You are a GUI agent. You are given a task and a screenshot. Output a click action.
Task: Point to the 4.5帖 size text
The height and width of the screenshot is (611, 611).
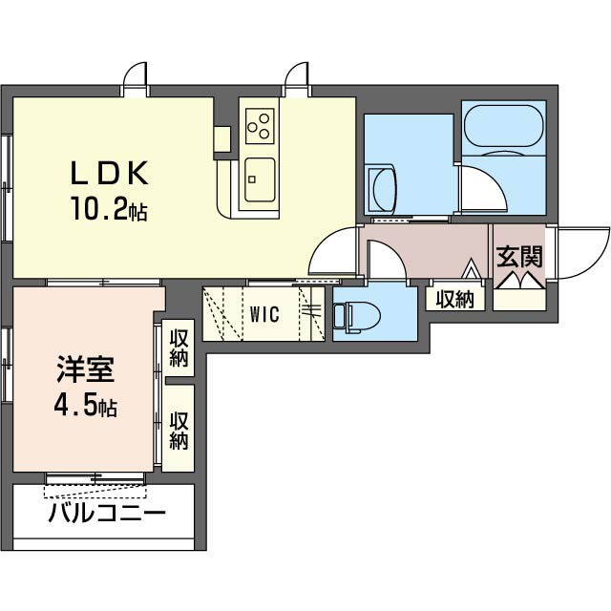point(86,408)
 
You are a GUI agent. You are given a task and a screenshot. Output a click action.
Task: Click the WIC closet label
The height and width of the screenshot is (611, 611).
point(264,314)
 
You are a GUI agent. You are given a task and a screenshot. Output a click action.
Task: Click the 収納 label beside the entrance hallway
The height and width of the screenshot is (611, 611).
point(455,299)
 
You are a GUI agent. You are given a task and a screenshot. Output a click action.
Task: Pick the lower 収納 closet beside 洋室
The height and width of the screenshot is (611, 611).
point(179,429)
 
